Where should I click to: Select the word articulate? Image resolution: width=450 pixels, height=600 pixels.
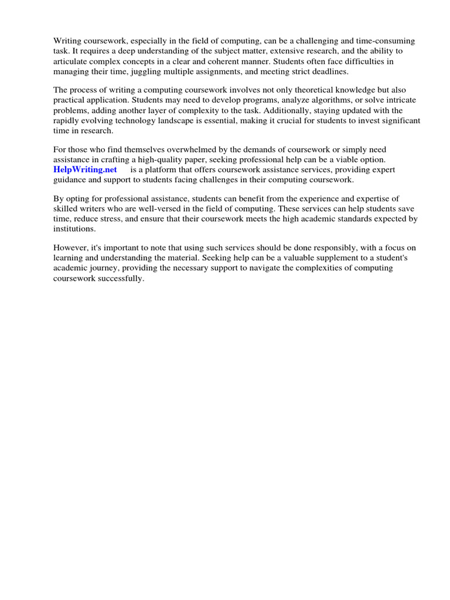[73, 61]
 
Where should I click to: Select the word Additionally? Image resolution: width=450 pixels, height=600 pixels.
[284, 110]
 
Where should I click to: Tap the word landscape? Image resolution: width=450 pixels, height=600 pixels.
[173, 120]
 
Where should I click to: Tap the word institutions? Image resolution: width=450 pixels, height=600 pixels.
[74, 229]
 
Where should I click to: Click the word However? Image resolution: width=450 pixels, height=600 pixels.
[70, 247]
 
